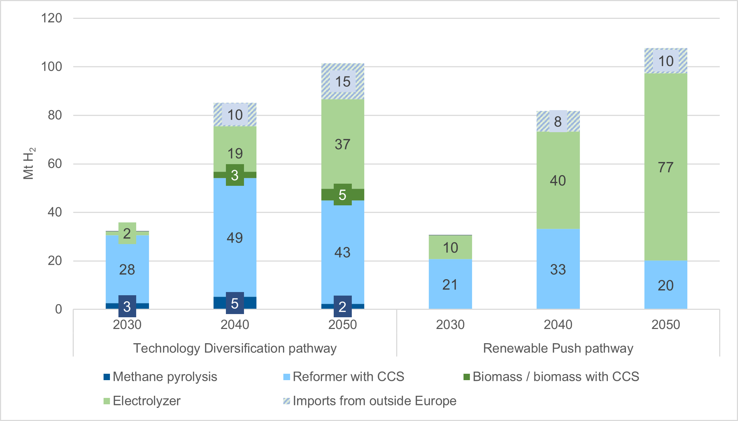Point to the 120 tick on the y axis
tap(51, 18)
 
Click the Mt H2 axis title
tap(29, 163)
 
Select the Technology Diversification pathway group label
tap(235, 348)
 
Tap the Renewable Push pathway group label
tap(558, 348)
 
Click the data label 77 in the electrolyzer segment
tap(665, 167)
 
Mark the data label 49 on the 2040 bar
tap(235, 238)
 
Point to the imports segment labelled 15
tap(343, 82)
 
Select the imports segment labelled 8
tap(558, 122)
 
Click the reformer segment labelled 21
tap(450, 285)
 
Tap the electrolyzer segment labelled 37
tap(343, 144)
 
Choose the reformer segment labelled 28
tap(127, 270)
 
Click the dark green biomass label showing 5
tap(343, 195)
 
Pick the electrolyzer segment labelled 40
tap(558, 180)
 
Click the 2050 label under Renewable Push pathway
tap(665, 324)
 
